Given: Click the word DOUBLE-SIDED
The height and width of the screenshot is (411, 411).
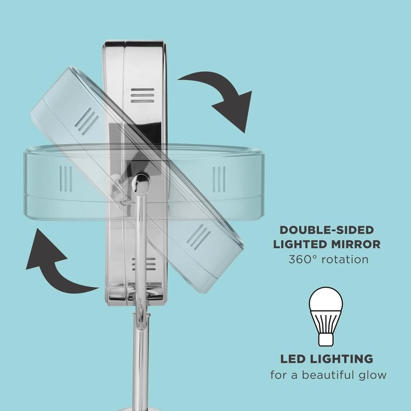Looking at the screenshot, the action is point(327,230).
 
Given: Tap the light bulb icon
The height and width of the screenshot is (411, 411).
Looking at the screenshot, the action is point(326,316).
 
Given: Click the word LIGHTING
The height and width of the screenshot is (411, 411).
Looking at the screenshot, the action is point(341,359).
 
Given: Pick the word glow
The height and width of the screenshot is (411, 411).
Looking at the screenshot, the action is point(376,375).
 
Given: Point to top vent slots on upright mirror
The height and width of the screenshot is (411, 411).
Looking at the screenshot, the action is point(142,95).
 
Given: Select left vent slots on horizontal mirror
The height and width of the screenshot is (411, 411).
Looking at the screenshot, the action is point(66,179).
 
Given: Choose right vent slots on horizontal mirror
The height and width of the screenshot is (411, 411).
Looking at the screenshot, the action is point(219,179).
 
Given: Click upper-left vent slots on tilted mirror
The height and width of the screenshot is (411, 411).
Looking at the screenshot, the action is point(87,121).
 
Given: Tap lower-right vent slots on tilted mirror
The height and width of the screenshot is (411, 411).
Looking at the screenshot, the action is point(198,237).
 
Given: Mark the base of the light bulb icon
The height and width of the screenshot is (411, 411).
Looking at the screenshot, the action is point(326,339).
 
